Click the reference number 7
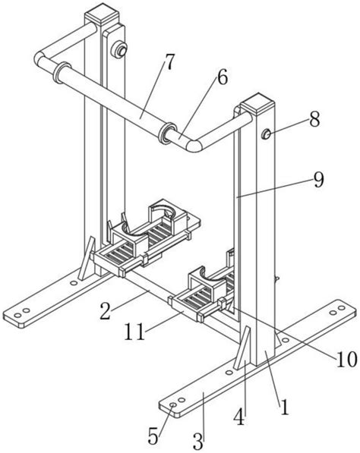tap(169, 62)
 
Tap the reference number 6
tap(222, 77)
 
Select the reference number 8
tap(314, 119)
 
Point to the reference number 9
tap(319, 180)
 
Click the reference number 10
tap(346, 360)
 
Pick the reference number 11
tap(134, 332)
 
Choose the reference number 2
tap(106, 311)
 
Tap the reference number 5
tap(153, 436)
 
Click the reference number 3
tap(198, 441)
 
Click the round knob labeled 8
tap(266, 134)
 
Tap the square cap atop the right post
tap(257, 103)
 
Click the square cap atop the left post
tap(102, 13)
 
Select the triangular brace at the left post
tap(87, 258)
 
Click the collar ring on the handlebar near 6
tap(167, 133)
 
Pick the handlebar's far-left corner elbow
tap(40, 58)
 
